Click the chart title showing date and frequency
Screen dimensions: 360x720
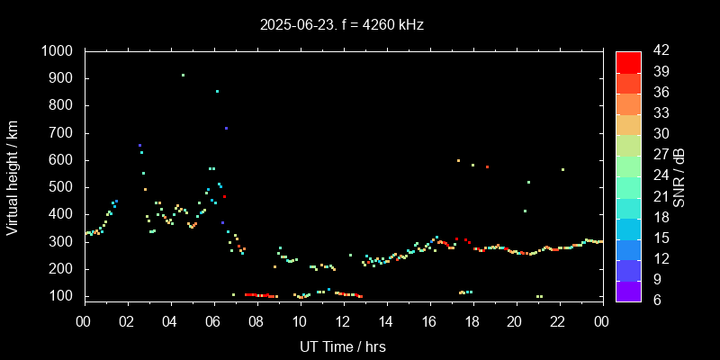point(342,25)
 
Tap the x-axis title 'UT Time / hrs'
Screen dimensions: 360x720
point(342,346)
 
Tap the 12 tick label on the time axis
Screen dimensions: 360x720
point(343,321)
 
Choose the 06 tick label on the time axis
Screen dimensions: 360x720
point(213,321)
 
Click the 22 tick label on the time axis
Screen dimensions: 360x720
point(558,321)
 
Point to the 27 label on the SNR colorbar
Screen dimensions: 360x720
point(659,155)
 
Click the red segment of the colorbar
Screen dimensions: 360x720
point(628,61)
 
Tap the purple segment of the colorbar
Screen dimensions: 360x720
point(628,291)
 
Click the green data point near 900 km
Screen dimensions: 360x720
point(183,76)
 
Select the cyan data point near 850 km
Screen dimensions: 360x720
point(217,91)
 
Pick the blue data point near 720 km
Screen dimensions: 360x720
point(226,128)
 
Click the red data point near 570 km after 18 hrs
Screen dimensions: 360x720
point(487,166)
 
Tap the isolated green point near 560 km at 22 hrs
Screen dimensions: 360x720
point(562,169)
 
